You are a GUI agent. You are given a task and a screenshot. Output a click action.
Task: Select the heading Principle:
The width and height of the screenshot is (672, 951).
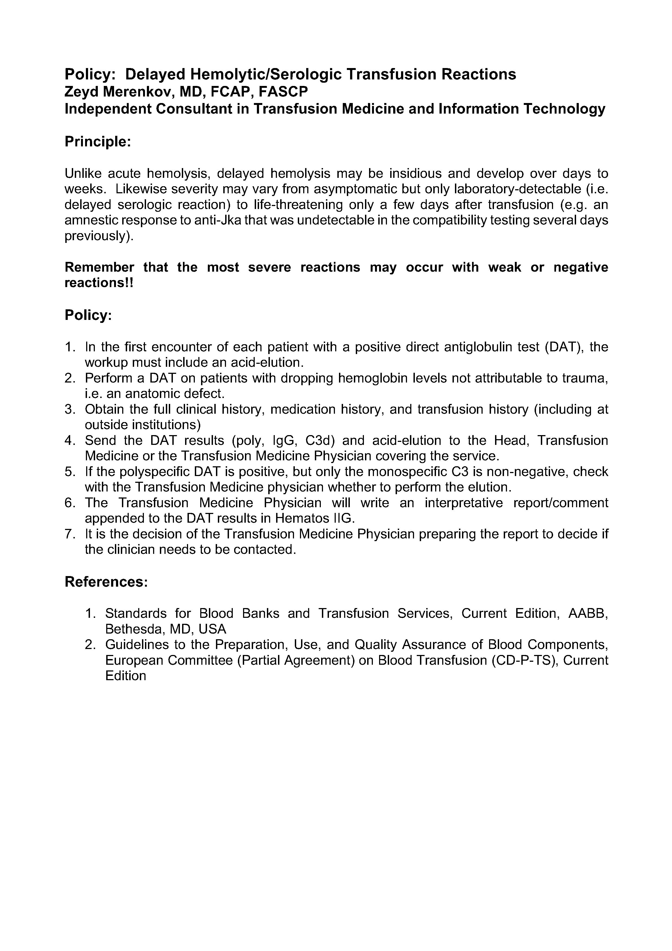pyautogui.click(x=98, y=142)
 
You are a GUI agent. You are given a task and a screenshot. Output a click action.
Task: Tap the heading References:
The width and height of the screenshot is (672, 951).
pyautogui.click(x=106, y=582)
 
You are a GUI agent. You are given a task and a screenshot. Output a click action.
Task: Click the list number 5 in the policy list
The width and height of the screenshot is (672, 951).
pyautogui.click(x=69, y=472)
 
